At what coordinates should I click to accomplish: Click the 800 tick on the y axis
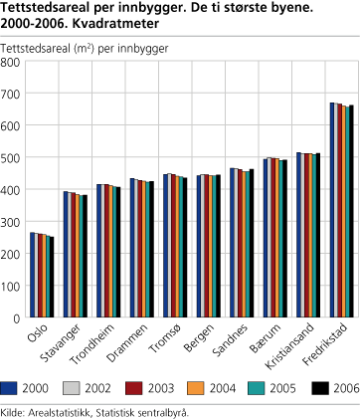(x=13, y=62)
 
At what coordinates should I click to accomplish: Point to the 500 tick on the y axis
(x=13, y=158)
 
